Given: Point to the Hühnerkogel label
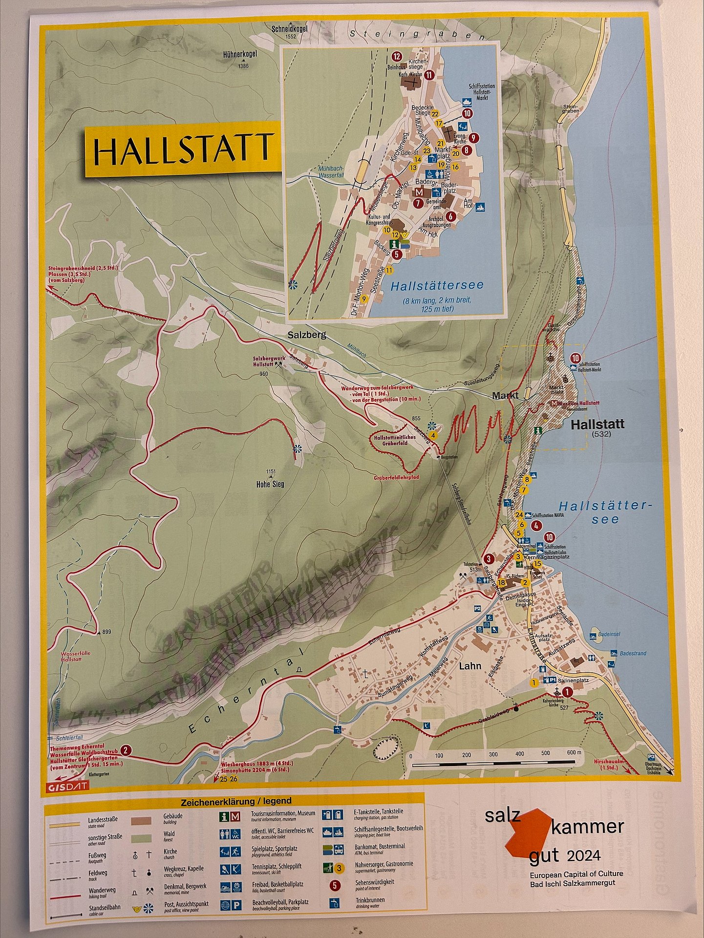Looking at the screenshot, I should click(240, 54).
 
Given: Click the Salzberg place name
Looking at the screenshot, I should click(306, 336).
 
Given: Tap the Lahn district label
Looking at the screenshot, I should click(470, 665).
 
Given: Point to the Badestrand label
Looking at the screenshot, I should click(633, 653).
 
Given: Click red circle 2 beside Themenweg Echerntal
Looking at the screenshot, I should click(127, 750).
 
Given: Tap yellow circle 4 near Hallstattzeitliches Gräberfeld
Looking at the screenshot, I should click(433, 435).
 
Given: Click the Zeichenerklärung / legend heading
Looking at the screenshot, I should click(236, 801).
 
